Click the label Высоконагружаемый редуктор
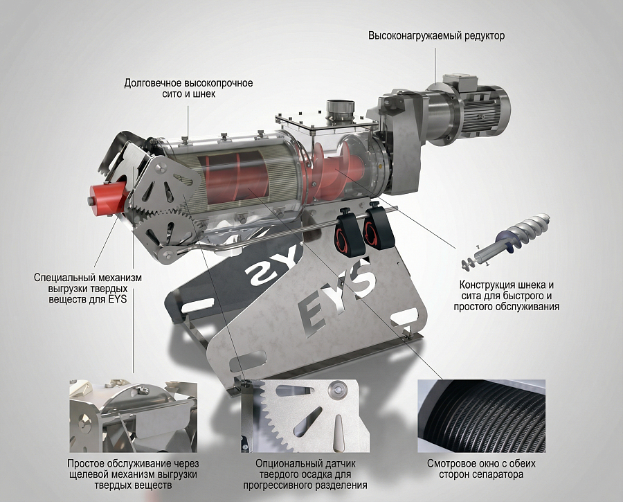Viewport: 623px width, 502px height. [436, 36]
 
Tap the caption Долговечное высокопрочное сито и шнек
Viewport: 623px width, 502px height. [189, 89]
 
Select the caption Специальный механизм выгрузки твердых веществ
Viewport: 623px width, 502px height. [88, 288]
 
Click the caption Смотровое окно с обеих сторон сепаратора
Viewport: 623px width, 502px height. [481, 469]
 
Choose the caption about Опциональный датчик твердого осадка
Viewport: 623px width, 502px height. [305, 474]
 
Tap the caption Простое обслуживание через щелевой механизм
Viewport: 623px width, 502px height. [133, 474]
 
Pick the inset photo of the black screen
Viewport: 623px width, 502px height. [481, 415]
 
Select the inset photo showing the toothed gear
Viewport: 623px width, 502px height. [305, 415]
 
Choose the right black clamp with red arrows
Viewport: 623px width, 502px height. [377, 226]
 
